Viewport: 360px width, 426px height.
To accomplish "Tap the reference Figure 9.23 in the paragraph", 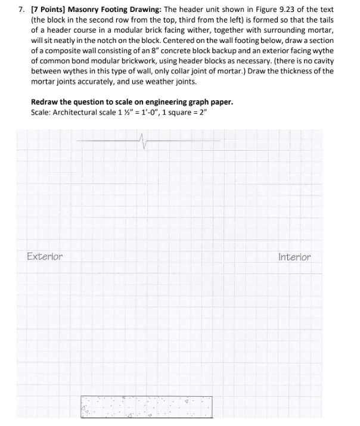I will coord(272,10).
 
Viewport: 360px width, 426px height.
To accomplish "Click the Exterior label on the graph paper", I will coord(45,257).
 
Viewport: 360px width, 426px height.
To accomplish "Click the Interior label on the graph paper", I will coord(294,257).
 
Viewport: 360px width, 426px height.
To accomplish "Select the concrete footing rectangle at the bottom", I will coord(147,407).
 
